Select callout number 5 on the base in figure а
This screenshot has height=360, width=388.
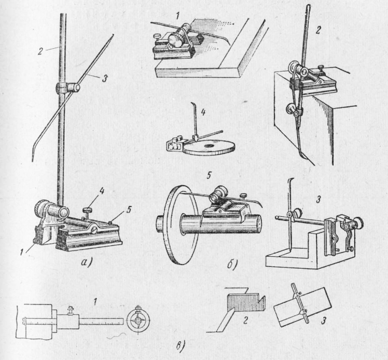click(129, 210)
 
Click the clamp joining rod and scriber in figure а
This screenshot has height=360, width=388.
click(67, 88)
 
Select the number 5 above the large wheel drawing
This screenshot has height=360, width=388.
click(209, 176)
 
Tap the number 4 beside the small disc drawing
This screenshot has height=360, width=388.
click(203, 113)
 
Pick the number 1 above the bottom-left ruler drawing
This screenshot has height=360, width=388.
click(95, 302)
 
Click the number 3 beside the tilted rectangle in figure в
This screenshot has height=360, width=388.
click(323, 321)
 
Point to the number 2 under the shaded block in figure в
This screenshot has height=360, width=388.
click(245, 321)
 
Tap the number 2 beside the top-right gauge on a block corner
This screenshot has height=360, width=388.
click(318, 30)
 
